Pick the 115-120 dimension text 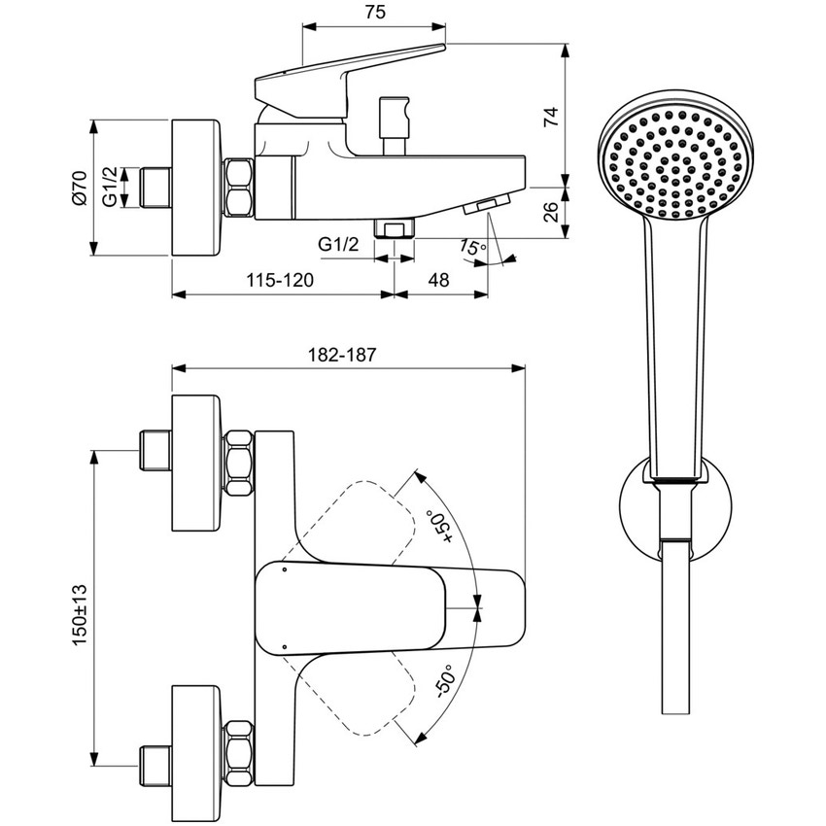point(280,280)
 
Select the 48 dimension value point(439,280)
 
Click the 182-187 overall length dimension point(342,356)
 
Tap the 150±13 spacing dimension point(81,610)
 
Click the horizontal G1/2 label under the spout point(338,245)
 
